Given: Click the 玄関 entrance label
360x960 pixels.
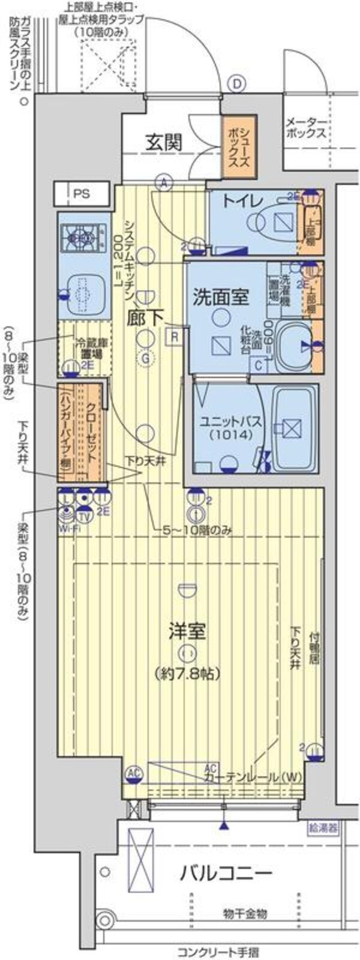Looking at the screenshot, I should click(x=164, y=143).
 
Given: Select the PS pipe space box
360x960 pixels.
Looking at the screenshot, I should click(x=82, y=194).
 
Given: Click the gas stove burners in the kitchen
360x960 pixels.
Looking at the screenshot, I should click(x=83, y=239).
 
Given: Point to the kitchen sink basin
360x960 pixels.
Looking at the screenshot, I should click(x=83, y=293).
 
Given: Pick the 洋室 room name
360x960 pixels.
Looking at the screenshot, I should click(x=187, y=631).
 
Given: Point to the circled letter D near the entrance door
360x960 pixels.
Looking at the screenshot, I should click(x=238, y=84).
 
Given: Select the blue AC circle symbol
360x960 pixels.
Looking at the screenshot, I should click(x=133, y=775).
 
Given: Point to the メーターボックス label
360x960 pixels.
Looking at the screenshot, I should click(x=306, y=127).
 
